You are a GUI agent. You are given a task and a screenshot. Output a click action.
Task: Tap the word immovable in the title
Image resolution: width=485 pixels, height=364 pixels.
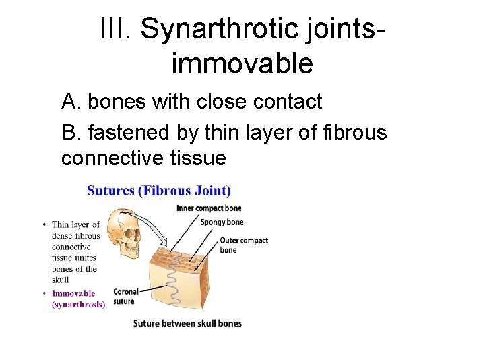tap(243, 63)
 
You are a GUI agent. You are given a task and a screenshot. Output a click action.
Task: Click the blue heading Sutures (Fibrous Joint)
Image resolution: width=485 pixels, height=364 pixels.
tap(159, 191)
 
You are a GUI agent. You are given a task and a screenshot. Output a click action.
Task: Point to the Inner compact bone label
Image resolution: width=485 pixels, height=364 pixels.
tap(209, 208)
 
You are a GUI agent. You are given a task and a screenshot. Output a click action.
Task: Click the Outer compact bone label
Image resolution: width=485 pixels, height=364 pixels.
tap(243, 245)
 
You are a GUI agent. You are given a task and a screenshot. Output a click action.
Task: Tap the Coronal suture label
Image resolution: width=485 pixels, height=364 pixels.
tap(126, 296)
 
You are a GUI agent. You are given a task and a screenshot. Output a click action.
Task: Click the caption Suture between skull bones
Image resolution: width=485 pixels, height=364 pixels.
tap(187, 324)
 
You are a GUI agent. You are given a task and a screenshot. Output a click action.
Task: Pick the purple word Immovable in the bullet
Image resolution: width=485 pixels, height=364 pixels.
tap(73, 293)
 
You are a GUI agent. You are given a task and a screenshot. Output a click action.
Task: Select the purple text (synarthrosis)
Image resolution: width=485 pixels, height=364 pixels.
tap(78, 304)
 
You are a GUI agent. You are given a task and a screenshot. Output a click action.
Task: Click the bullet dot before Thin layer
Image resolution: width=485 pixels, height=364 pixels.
tap(44, 224)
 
